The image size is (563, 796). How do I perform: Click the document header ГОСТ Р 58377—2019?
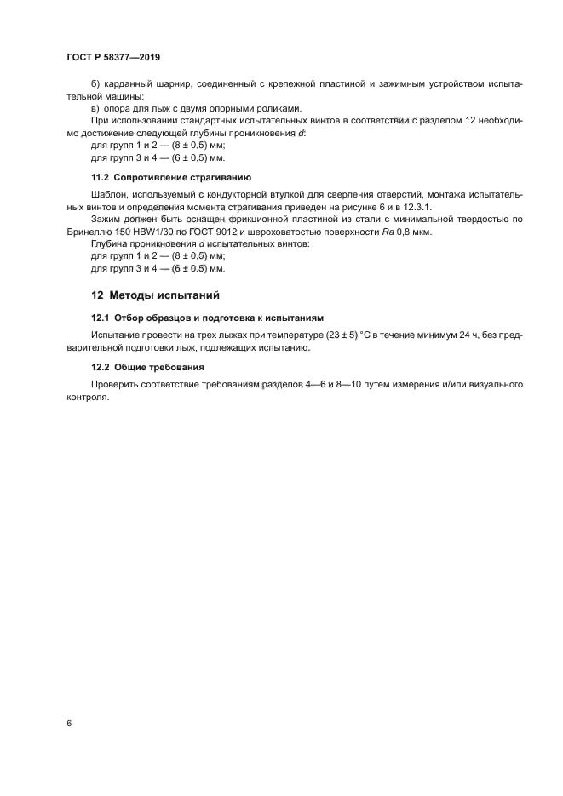(x=112, y=57)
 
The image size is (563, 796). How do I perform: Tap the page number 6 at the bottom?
(x=68, y=723)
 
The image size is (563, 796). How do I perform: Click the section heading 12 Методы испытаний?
(x=155, y=295)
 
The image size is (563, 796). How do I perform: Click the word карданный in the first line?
(x=128, y=85)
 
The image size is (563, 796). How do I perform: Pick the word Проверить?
(x=117, y=385)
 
